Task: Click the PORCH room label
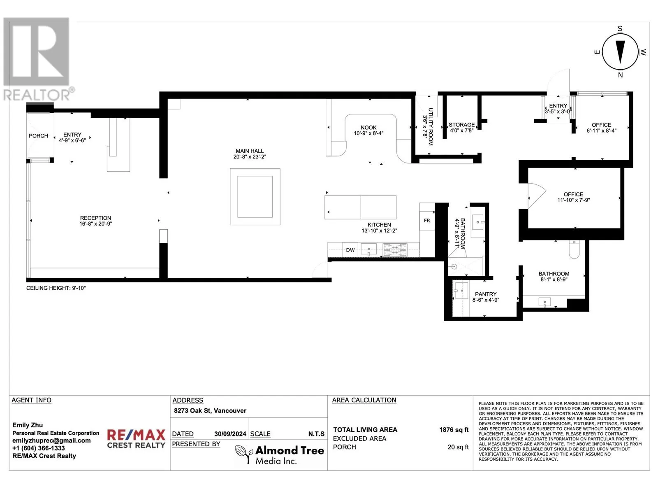coord(38,136)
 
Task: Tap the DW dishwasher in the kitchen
coord(350,250)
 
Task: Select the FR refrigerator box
coord(427,221)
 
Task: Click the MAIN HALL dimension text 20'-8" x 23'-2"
coord(250,156)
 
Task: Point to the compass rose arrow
coord(620,52)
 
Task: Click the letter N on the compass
coord(620,75)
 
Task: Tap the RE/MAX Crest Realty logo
coord(136,438)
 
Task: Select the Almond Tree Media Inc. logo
coord(280,454)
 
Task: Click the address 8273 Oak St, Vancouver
coord(210,410)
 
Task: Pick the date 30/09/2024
coord(230,434)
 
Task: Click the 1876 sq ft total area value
coord(454,430)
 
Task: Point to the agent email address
coord(51,440)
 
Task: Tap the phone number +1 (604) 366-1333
coord(38,448)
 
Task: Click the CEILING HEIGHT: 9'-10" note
coord(56,288)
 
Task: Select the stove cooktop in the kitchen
coord(395,250)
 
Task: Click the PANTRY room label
coord(486,294)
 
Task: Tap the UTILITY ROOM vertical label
coord(431,126)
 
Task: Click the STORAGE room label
coord(462,125)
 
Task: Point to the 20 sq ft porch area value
coord(458,447)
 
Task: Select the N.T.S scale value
coord(316,434)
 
